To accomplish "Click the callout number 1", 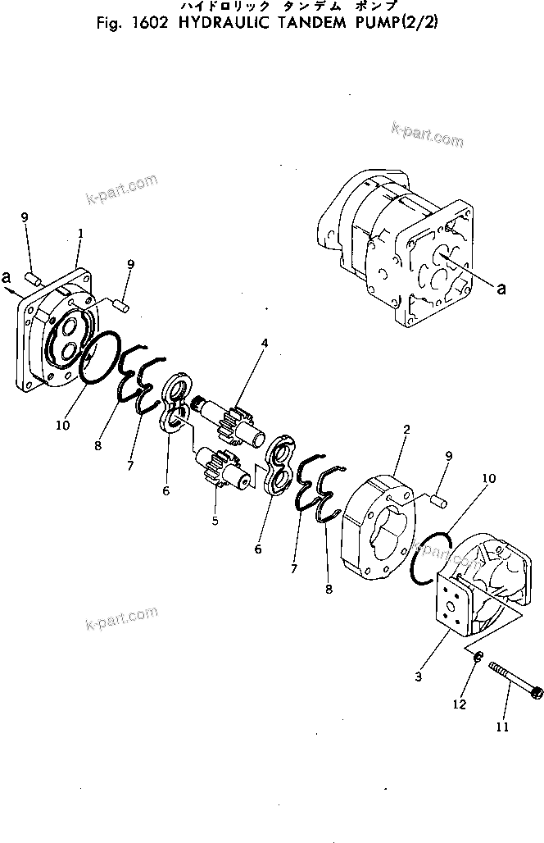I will click(x=80, y=234).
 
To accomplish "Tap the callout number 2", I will click(x=406, y=430).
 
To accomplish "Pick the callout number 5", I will click(x=215, y=519).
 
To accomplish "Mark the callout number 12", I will click(x=460, y=704).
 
